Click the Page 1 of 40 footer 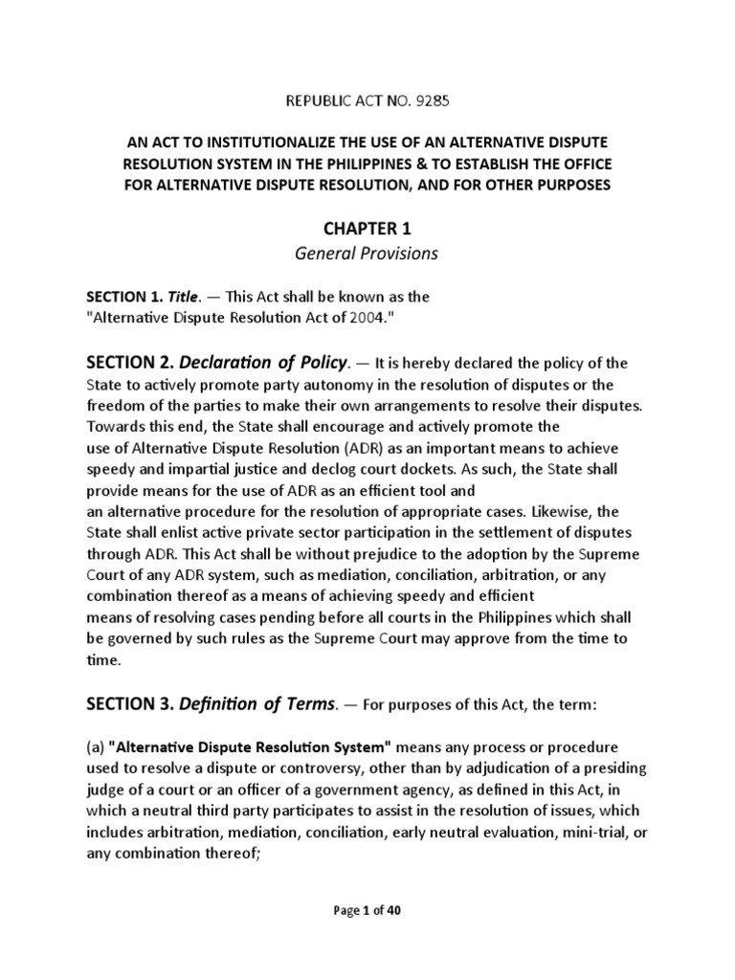367,911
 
